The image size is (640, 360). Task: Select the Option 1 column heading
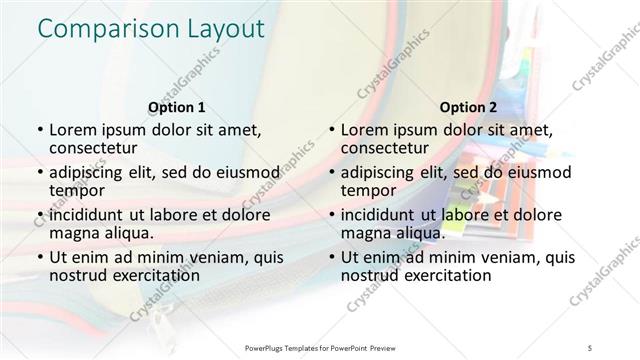pos(176,107)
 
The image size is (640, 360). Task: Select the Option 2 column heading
pos(468,107)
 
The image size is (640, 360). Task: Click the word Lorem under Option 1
pos(74,130)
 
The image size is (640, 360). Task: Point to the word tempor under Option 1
pos(77,190)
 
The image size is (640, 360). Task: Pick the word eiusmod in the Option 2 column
pos(535,173)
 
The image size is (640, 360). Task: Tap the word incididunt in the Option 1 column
pos(93,215)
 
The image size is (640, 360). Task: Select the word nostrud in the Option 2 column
pos(369,275)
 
